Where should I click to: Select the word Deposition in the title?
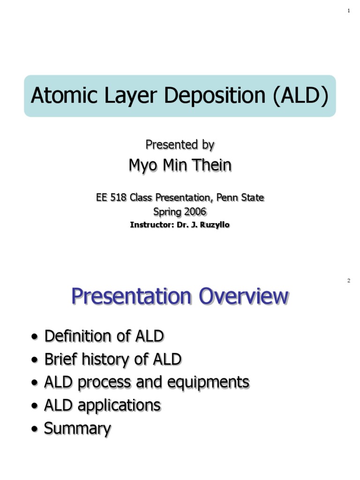[220, 96]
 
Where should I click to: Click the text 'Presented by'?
[180, 145]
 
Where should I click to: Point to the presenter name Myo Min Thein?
[180, 165]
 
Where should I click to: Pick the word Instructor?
[150, 225]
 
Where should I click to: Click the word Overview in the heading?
[243, 296]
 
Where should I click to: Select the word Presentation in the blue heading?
[132, 296]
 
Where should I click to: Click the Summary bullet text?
[77, 428]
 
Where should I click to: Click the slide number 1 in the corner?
[349, 11]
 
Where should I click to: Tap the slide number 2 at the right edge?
[349, 281]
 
